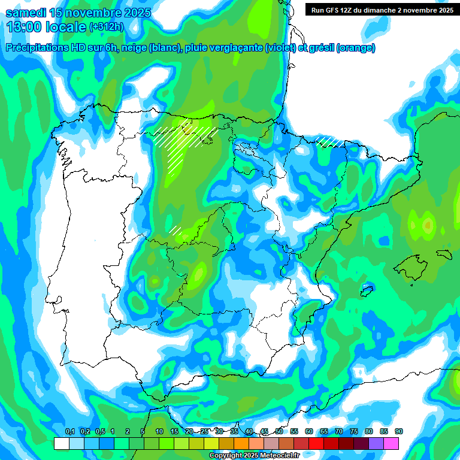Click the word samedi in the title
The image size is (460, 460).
(x=26, y=13)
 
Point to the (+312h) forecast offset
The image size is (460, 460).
(x=107, y=27)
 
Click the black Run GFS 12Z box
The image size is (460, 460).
(x=381, y=10)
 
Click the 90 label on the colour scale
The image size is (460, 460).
(x=399, y=432)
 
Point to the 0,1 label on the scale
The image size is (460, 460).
(x=69, y=432)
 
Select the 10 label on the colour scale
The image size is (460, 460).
(x=159, y=432)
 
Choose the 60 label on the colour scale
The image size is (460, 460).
(x=309, y=432)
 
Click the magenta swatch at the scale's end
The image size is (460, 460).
(x=392, y=443)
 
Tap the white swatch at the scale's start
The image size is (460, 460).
(x=62, y=443)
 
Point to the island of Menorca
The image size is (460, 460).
(x=443, y=252)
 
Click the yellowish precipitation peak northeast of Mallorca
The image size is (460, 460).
(x=428, y=225)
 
